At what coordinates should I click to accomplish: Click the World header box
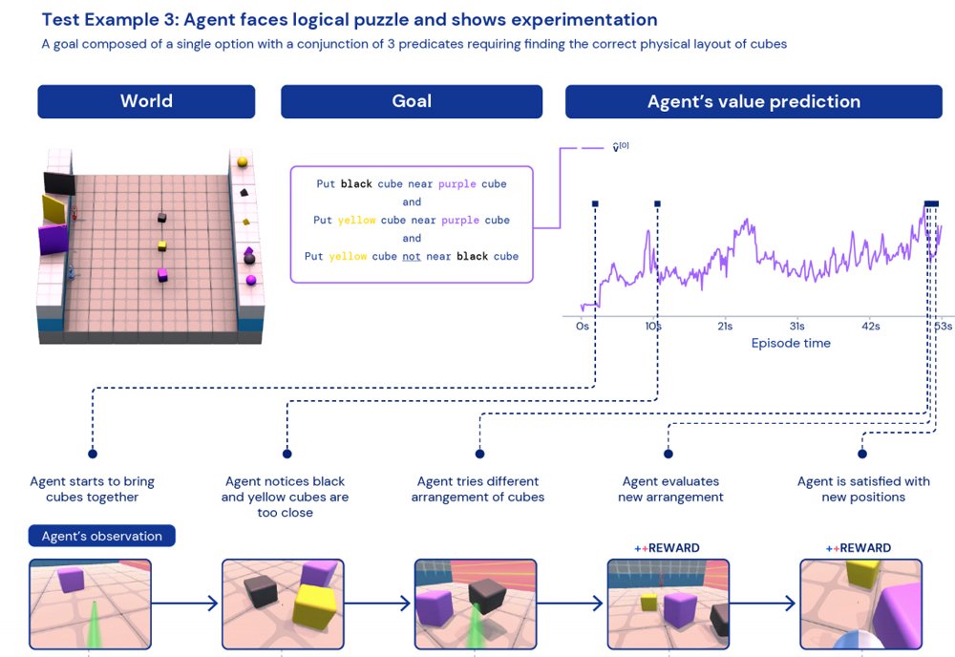146,102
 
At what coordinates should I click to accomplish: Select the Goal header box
412,102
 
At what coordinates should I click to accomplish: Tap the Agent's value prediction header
753,102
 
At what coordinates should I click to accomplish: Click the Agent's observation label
101,536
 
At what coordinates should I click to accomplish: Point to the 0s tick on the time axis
583,327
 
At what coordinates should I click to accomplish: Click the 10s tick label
653,327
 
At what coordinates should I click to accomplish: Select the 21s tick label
725,327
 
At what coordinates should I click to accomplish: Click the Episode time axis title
791,344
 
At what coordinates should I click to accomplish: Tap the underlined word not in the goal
411,257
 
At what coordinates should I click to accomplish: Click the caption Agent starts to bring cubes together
92,489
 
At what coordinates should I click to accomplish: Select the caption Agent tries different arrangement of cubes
477,489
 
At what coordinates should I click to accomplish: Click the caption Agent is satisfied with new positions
863,489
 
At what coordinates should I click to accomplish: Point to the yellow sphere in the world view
243,161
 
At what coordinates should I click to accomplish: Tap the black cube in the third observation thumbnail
486,597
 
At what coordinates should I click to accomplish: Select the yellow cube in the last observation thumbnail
862,573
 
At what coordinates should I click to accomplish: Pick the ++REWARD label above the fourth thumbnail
667,548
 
